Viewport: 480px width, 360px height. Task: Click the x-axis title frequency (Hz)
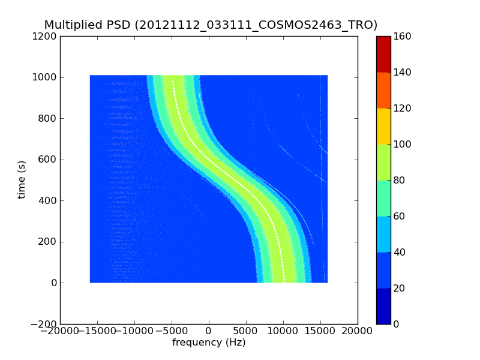tap(209, 343)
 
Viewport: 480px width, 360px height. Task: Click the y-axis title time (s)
tap(22, 179)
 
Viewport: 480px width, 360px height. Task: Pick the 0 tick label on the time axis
tap(53, 283)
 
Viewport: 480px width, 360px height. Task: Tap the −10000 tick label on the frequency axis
tap(134, 331)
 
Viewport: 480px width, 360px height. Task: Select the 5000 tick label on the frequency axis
tap(246, 331)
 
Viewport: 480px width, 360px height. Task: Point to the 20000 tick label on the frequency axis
tap(358, 331)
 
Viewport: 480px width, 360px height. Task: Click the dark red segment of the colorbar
tap(383, 54)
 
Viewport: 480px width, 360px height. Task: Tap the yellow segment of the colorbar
tap(383, 126)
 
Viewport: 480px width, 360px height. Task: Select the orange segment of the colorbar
tap(383, 90)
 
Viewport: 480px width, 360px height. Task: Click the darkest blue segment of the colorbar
tap(383, 306)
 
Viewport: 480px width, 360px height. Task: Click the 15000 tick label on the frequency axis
tap(320, 331)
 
